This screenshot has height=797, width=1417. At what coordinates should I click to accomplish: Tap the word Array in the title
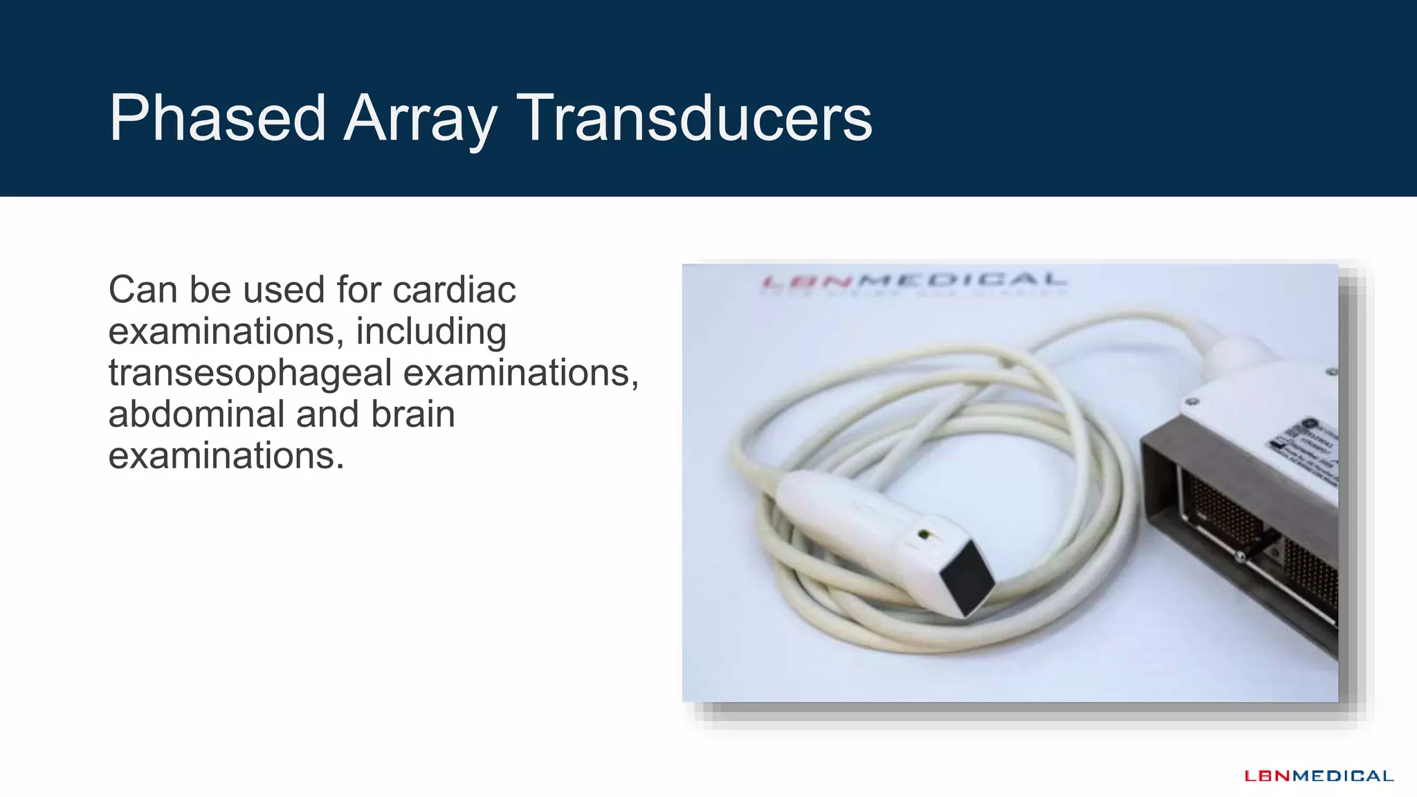click(420, 118)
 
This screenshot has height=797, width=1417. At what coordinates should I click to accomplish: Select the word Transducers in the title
click(694, 118)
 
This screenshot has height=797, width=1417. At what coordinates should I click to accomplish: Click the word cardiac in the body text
click(454, 289)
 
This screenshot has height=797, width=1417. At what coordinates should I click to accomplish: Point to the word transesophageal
click(250, 373)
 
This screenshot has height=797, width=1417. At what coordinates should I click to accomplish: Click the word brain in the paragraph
click(412, 414)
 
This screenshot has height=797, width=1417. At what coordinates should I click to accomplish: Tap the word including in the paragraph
click(431, 331)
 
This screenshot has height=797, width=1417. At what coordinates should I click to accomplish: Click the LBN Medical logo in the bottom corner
click(1319, 776)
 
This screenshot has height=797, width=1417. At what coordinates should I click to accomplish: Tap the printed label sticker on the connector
click(1305, 447)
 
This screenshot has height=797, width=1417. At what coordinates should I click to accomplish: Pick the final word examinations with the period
click(226, 456)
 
